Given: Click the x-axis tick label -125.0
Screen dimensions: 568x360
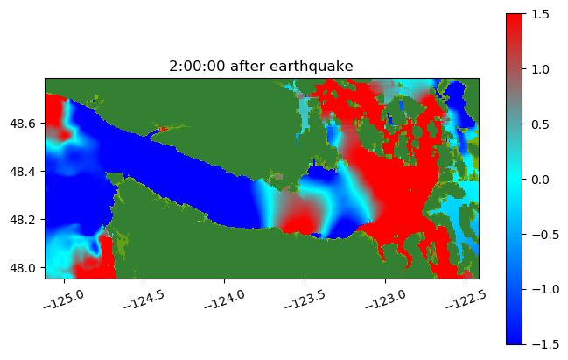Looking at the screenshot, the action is click(x=64, y=300).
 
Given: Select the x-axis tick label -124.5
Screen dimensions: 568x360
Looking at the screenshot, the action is click(x=144, y=300).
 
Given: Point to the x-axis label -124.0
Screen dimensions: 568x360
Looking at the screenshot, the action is click(x=225, y=300).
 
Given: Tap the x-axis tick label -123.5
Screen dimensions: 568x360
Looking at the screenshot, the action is click(x=305, y=300).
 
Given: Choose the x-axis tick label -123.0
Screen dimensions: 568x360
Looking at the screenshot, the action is click(x=385, y=300).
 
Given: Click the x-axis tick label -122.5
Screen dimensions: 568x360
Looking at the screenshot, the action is click(x=466, y=300).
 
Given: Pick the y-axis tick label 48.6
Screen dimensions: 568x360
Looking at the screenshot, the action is click(x=23, y=124).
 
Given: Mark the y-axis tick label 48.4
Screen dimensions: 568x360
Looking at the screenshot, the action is click(x=23, y=172).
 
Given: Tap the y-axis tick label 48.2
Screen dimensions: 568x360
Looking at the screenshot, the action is click(x=23, y=220).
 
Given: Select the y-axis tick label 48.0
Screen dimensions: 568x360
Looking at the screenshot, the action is click(x=23, y=268).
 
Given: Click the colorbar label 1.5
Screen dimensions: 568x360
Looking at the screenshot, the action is click(x=541, y=14).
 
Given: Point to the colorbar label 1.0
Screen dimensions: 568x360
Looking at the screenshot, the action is click(x=541, y=69).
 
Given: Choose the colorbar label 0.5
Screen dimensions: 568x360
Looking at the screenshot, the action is click(x=541, y=124).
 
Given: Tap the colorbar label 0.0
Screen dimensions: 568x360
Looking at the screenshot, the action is click(x=541, y=180).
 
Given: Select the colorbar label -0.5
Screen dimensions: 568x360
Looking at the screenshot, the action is click(x=545, y=235).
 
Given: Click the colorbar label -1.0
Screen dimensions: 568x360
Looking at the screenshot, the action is click(x=545, y=289).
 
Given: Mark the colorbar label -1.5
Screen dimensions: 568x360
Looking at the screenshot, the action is click(x=545, y=344).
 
